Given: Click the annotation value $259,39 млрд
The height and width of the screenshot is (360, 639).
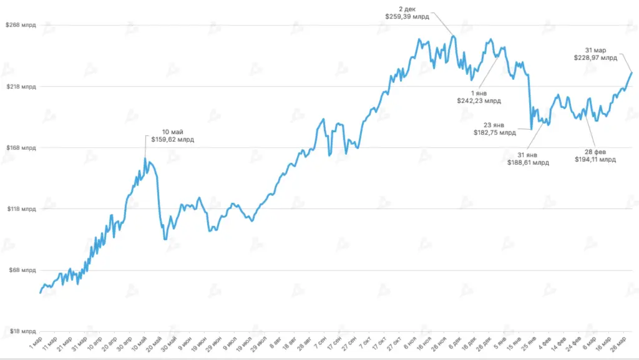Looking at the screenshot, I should (408, 17).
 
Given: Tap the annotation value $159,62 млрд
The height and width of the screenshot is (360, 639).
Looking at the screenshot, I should (173, 140).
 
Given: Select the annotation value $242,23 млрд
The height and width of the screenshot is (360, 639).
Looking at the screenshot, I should (479, 100).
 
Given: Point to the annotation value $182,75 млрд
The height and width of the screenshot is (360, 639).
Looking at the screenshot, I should (495, 132).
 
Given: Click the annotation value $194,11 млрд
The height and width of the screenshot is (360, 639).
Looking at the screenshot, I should (595, 160).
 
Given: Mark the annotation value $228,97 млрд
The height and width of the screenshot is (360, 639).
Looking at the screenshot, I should (595, 57).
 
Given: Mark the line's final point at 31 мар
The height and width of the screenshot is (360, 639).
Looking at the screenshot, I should (632, 73).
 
